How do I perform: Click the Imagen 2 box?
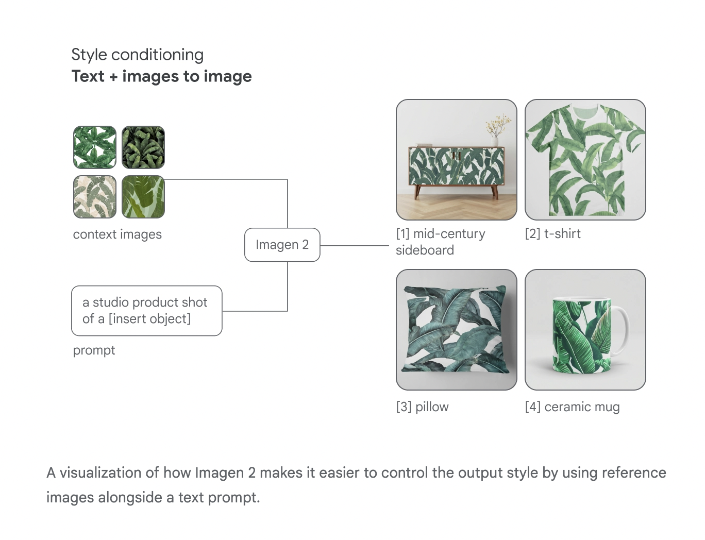282,245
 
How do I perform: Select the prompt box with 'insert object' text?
146,311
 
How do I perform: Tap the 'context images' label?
117,234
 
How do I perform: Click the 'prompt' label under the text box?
94,350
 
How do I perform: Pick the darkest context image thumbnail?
143,147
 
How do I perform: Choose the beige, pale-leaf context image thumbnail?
95,197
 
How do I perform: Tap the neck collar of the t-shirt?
585,110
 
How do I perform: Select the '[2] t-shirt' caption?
552,234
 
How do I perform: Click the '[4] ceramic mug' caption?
572,407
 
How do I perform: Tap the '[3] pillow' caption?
422,407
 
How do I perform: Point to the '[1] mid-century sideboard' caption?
440,242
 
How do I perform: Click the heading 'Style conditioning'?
137,55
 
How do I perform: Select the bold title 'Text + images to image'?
161,76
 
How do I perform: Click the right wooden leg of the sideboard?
494,192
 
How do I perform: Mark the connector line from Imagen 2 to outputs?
354,246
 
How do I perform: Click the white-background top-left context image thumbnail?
95,147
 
